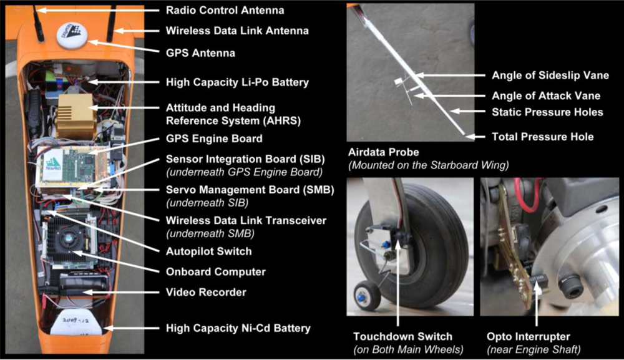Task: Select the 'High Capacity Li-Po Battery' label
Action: [237, 82]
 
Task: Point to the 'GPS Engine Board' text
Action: [214, 138]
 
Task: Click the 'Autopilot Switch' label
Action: [208, 251]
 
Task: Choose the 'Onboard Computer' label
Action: [215, 271]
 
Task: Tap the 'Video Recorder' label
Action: [206, 292]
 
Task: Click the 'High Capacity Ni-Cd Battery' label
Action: [238, 328]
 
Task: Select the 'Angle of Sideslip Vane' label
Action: [550, 75]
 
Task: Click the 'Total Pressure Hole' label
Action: [543, 136]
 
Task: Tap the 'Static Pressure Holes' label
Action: [547, 112]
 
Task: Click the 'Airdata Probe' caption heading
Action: [383, 152]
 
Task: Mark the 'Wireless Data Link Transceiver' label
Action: [246, 220]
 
